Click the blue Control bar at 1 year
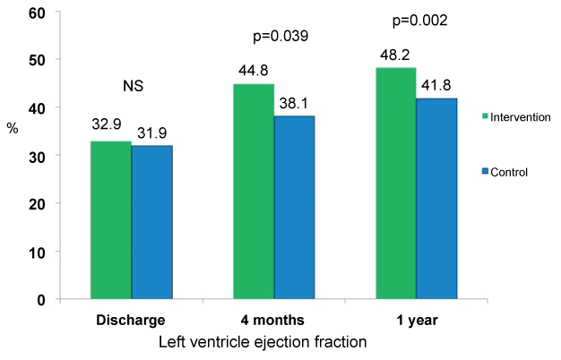tap(437, 198)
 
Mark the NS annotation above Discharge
tap(133, 87)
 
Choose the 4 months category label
tap(275, 320)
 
